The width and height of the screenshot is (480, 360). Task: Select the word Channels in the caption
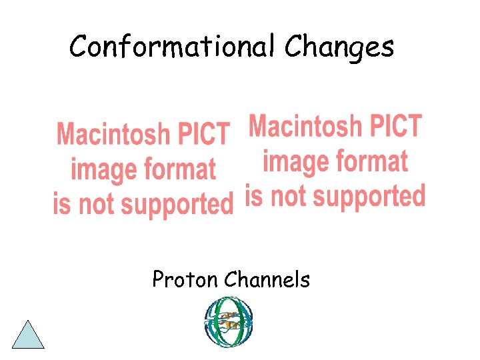267,279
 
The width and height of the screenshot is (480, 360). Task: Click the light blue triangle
28,336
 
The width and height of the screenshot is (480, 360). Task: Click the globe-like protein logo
228,322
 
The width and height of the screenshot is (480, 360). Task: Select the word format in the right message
371,161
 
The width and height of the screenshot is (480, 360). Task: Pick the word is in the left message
61,203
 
